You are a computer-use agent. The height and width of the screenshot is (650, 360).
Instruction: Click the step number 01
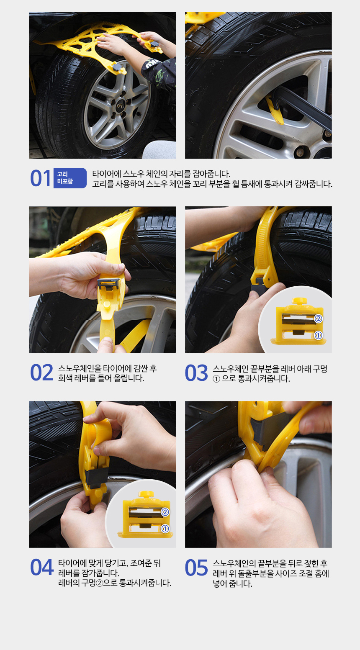tap(41, 178)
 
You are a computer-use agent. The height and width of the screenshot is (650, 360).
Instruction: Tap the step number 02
tap(42, 373)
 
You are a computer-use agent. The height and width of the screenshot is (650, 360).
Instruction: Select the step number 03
tap(197, 373)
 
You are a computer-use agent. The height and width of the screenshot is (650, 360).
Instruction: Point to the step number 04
tap(42, 567)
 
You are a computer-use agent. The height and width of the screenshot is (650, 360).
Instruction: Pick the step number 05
tap(197, 568)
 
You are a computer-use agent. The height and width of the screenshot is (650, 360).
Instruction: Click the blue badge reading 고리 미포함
tap(70, 178)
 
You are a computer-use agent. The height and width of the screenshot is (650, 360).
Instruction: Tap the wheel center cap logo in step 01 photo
tap(120, 107)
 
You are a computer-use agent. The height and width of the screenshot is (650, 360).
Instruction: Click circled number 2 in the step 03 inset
tap(318, 319)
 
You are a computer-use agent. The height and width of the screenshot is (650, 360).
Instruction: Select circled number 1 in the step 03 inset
tap(318, 335)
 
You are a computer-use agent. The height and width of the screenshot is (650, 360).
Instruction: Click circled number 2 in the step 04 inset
tap(165, 512)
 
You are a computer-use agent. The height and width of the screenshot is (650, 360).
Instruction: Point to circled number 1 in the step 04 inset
tap(165, 529)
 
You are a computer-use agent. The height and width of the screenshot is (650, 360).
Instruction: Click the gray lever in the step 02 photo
tap(108, 283)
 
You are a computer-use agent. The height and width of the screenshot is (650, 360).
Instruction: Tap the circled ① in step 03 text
tap(216, 379)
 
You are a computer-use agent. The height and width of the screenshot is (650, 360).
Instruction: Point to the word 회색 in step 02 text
tap(65, 378)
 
